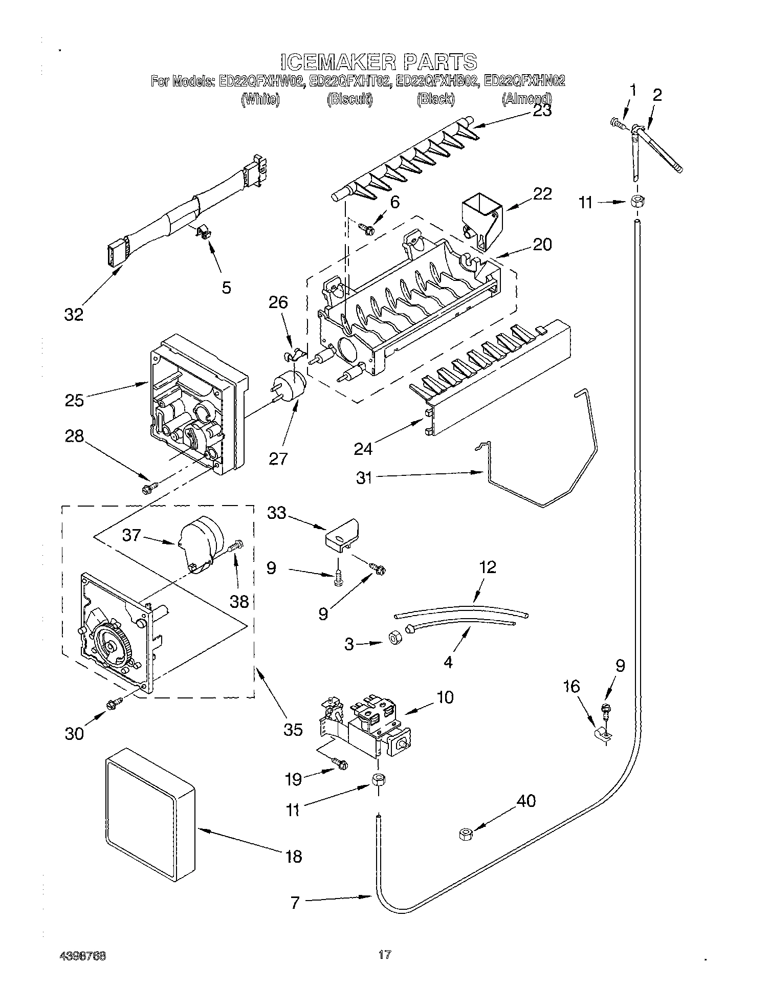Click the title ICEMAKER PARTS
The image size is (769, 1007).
point(379,62)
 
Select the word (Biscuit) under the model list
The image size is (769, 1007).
point(349,99)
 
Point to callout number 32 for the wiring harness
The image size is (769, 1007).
point(74,314)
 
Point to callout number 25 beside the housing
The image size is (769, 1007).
point(74,400)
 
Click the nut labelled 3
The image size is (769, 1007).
point(394,638)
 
